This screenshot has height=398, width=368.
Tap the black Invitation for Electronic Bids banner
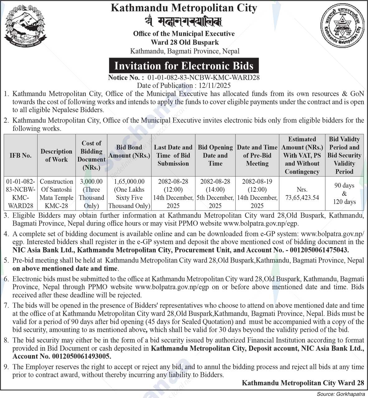point(184,66)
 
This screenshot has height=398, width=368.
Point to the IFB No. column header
point(21,155)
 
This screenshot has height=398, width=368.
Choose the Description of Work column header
point(56,155)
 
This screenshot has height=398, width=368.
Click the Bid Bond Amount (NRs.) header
point(129,151)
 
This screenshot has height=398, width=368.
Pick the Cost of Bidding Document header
point(91,155)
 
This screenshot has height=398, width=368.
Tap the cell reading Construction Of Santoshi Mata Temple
point(56,193)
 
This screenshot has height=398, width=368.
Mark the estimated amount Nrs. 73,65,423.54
point(302,194)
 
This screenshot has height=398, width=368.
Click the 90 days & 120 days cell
point(344,194)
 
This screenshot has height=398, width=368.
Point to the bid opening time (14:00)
point(215,189)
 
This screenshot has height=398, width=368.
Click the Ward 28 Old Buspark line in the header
point(184,42)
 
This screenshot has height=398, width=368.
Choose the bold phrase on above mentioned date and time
point(65,268)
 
